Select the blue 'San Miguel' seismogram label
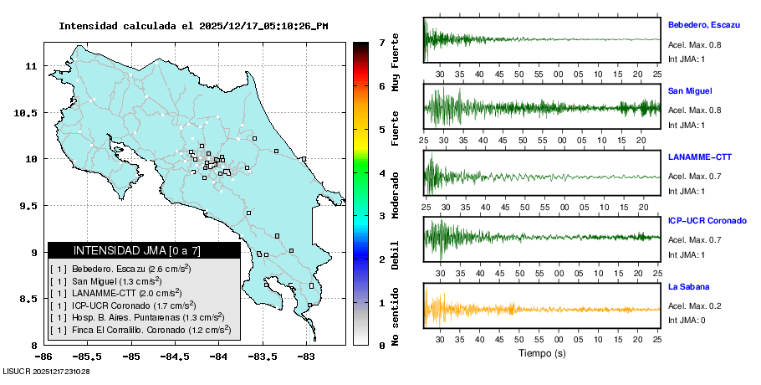690,90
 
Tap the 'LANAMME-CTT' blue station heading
701,157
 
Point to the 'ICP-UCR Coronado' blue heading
707,221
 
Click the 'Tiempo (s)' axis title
541,353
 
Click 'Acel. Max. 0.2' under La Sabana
695,305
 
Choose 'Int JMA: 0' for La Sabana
687,321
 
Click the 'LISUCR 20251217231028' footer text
47,371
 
